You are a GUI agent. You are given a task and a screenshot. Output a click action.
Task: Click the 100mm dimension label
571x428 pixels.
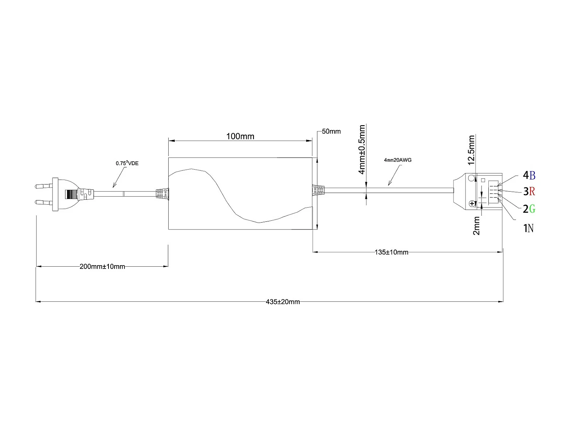click(x=240, y=136)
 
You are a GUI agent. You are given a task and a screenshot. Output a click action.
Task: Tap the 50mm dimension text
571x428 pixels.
click(x=331, y=132)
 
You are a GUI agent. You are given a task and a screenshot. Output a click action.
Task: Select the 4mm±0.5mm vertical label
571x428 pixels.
click(x=362, y=149)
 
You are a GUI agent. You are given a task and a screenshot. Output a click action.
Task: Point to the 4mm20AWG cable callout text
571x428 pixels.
click(x=398, y=160)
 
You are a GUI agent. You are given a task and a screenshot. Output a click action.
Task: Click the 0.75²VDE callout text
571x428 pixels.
click(x=128, y=163)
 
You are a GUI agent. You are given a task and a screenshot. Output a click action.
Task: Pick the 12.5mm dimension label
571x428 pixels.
click(x=471, y=150)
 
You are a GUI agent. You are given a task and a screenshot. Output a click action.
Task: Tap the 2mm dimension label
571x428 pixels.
click(x=476, y=226)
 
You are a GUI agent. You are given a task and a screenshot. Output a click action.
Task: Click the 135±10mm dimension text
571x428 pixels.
click(x=391, y=252)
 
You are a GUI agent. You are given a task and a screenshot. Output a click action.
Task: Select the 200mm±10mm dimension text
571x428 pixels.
click(x=102, y=267)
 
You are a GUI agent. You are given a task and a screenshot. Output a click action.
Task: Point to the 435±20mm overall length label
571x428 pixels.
click(x=282, y=302)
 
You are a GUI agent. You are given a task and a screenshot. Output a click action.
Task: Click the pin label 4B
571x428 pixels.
click(x=529, y=175)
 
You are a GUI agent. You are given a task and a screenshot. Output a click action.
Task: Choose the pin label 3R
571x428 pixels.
click(x=529, y=191)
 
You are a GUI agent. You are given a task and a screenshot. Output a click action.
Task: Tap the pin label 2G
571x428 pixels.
click(x=529, y=209)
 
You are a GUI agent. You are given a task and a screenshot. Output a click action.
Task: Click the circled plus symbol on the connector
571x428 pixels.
click(x=472, y=204)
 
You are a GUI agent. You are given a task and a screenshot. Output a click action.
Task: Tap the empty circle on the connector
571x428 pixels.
click(x=472, y=178)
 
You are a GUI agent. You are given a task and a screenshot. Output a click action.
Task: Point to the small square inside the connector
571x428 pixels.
click(x=483, y=180)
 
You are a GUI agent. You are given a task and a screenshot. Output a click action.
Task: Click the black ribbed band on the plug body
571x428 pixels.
click(x=71, y=194)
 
